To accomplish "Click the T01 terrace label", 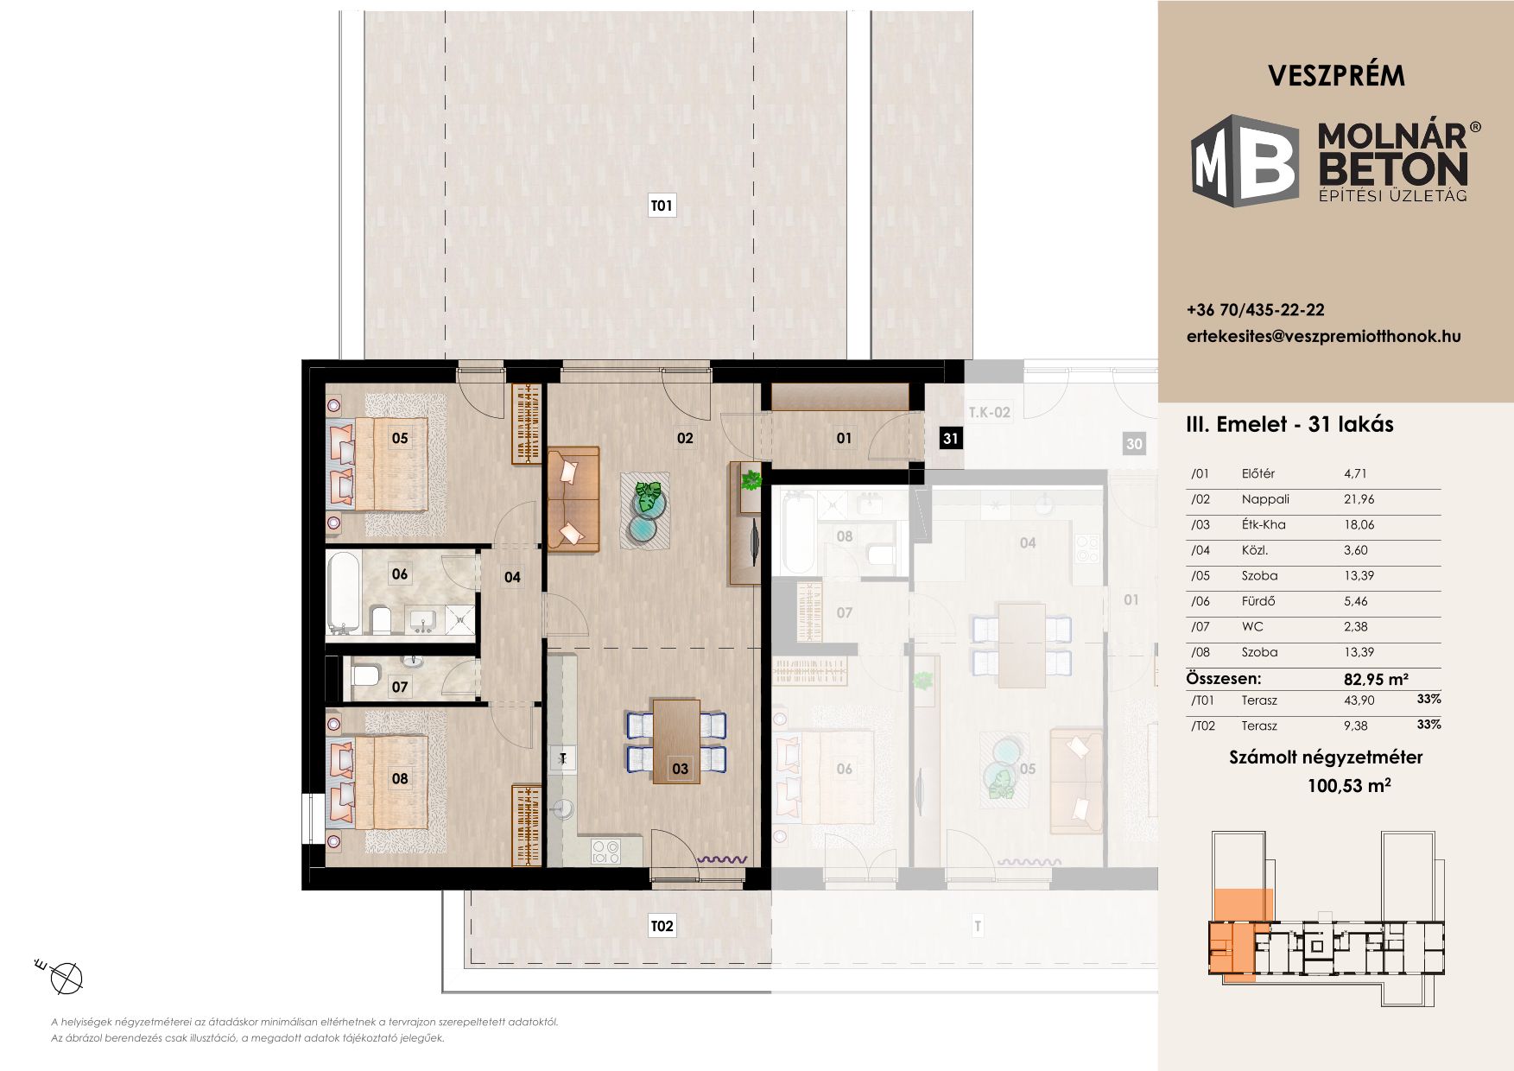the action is coord(661,206).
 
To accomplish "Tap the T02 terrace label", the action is coord(662,927).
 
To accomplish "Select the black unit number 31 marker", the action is coord(950,438).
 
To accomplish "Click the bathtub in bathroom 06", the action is coord(344,593).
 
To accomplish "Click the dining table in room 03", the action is coord(676,741).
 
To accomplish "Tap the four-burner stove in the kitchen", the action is coord(605,852).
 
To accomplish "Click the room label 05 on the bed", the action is coord(400,438).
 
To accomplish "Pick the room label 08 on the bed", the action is coord(400,778).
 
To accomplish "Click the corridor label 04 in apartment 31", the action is coord(512,577).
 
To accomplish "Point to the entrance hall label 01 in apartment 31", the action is coord(844,438).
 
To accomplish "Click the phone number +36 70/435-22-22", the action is coord(1256,310).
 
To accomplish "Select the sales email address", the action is coord(1324,336).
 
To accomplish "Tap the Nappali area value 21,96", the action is coord(1359,499).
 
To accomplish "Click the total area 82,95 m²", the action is coord(1377,679).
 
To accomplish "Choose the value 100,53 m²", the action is coord(1349,785).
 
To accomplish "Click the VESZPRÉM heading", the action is coord(1337,76).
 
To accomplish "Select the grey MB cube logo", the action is coord(1245,161).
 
